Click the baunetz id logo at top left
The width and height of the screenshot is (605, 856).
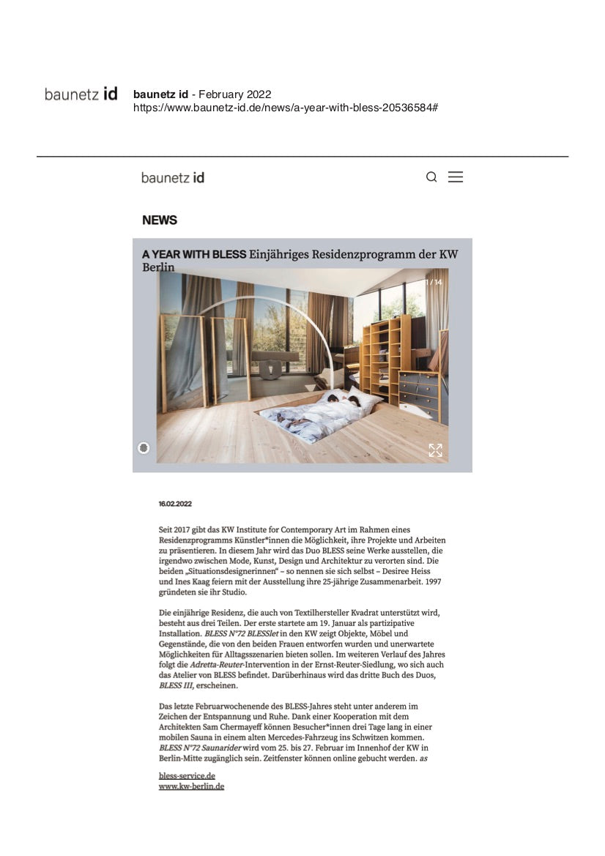(81, 94)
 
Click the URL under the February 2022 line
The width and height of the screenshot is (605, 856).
(286, 108)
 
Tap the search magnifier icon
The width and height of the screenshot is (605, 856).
(431, 177)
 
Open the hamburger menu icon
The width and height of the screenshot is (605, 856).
(456, 177)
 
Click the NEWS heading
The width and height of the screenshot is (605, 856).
(160, 220)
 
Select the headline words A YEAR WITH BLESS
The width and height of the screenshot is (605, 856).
(194, 255)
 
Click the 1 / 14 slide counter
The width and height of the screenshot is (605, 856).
(434, 282)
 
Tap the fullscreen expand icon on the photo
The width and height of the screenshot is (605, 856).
(435, 450)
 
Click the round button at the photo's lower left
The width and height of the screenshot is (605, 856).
(144, 447)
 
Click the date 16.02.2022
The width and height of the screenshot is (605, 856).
(175, 504)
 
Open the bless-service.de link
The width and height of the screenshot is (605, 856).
(187, 775)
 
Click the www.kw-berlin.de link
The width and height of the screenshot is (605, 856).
(191, 786)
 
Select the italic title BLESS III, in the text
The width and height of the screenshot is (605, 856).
(177, 686)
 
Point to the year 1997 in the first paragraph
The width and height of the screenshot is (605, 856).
(430, 581)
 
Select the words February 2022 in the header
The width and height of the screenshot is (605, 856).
(234, 94)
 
